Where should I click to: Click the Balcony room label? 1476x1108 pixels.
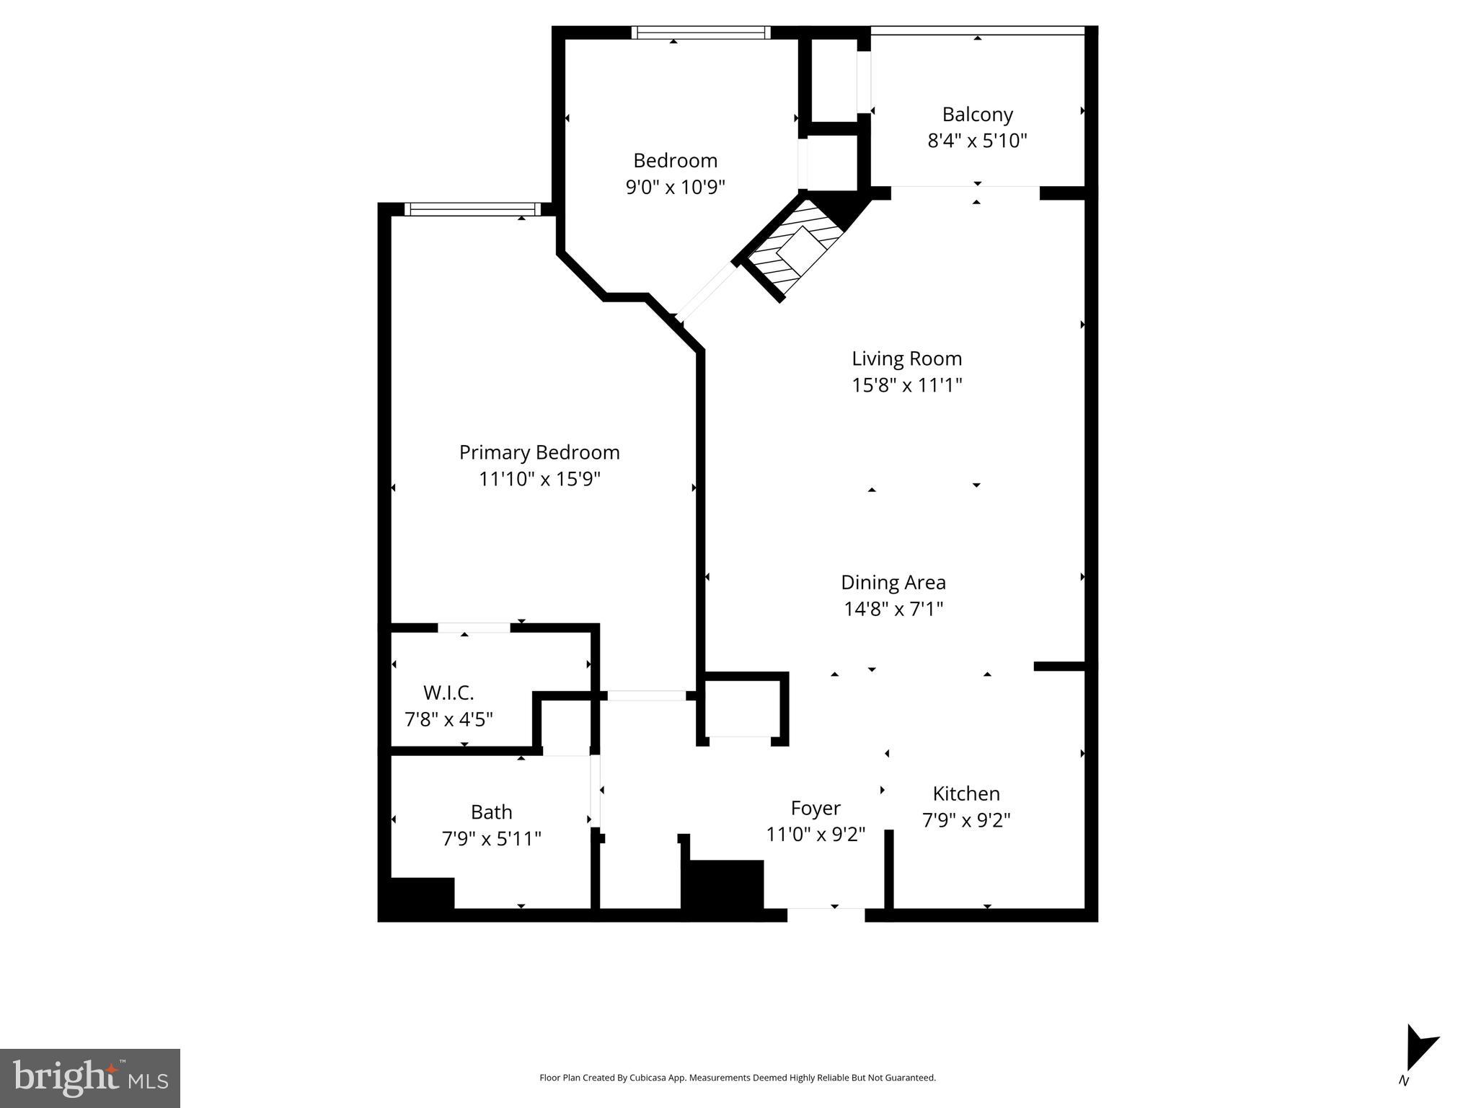tap(977, 115)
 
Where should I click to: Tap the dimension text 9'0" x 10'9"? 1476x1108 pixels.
tap(675, 188)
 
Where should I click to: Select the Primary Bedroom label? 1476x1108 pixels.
tap(539, 452)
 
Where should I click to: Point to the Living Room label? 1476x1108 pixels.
tap(906, 359)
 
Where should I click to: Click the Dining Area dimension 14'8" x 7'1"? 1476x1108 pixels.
tap(893, 610)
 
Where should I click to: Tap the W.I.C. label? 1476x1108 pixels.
tap(448, 693)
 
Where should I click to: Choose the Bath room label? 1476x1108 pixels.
tap(491, 812)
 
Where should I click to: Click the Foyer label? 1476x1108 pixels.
tap(816, 808)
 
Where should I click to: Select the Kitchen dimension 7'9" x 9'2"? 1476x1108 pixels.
tap(966, 821)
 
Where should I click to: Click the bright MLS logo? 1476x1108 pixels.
tap(90, 1078)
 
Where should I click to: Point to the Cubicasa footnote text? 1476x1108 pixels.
tap(737, 1078)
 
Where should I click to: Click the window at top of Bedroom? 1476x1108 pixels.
tap(701, 32)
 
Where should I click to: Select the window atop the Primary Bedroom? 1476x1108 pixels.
tap(472, 209)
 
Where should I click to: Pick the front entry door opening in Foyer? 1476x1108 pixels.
tap(826, 914)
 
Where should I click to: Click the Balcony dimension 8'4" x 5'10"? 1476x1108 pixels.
tap(977, 141)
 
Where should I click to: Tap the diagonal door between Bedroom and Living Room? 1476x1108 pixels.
tap(707, 292)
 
